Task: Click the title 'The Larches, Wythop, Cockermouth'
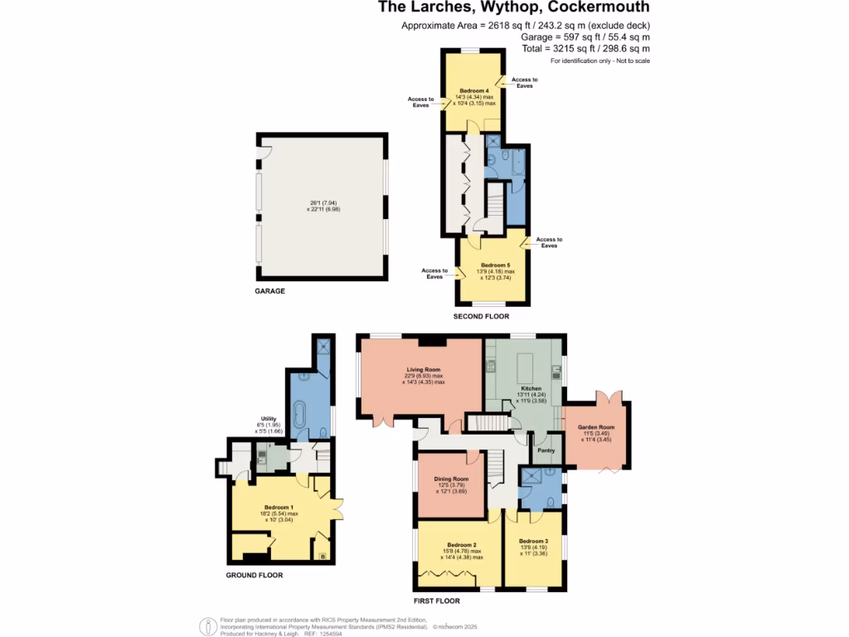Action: pos(514,8)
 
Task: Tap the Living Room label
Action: pos(423,370)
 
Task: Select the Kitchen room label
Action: pos(531,388)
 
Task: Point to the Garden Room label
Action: pos(595,428)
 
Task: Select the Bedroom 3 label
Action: pos(534,541)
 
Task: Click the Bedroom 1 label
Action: pos(279,507)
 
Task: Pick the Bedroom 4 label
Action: pos(475,90)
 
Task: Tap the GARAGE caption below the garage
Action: pos(269,291)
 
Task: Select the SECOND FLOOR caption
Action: pos(481,316)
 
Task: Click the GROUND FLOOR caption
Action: pos(254,575)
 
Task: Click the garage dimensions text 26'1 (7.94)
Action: pos(323,202)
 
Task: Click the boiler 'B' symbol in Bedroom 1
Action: pos(323,555)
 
